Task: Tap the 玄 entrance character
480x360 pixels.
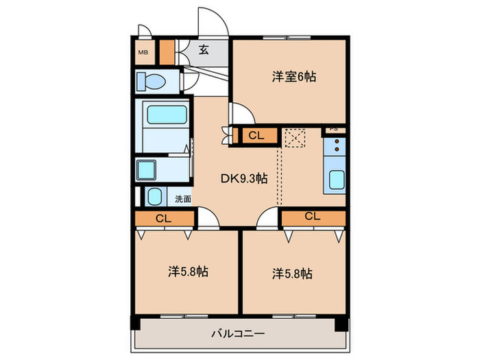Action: pos(204,49)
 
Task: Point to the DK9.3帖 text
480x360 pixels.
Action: pos(243,178)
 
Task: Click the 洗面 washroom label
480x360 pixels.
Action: pos(183,200)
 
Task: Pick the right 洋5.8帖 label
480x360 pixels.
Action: pos(291,274)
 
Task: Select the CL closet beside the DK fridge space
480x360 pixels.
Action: pos(256,136)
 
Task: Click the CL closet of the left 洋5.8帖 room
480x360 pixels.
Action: pos(163,219)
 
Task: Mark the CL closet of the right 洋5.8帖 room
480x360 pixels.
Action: pos(312,217)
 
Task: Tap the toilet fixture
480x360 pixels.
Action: pos(152,82)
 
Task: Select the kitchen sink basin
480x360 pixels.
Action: pos(337,179)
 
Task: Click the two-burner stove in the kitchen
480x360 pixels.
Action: pos(337,146)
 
